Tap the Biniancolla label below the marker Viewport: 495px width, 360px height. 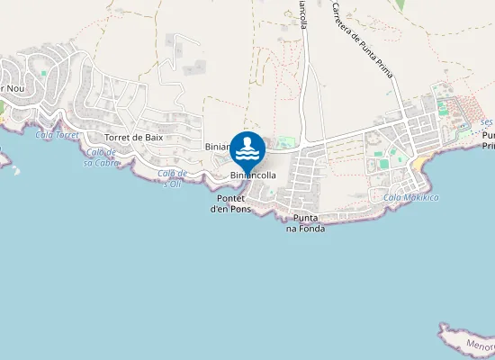point(253,175)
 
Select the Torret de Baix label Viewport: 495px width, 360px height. point(133,137)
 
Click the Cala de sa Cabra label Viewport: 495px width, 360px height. point(102,157)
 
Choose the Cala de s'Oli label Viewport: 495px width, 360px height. point(172,177)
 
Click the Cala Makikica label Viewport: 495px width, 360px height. point(410,197)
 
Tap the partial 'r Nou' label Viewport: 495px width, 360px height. point(12,88)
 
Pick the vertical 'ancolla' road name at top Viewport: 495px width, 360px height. point(303,16)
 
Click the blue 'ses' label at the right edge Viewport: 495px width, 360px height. point(487,121)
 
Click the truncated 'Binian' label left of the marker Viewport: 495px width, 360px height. point(218,146)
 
